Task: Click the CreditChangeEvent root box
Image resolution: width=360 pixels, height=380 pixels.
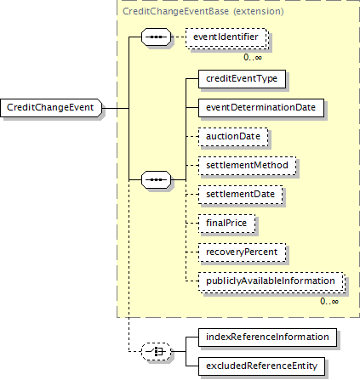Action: click(51, 108)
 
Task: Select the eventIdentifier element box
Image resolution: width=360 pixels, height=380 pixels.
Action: click(226, 37)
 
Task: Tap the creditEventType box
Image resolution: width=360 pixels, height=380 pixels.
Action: click(242, 79)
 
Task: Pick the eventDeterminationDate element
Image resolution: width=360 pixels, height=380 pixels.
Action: click(261, 108)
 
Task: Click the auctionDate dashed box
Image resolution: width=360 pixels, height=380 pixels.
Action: click(233, 137)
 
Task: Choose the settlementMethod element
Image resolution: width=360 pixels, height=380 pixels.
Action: click(247, 166)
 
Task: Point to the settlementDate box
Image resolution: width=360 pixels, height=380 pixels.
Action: click(240, 195)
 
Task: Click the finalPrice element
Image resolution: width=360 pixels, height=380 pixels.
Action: click(226, 224)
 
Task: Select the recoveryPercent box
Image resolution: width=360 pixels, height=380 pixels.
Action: click(242, 252)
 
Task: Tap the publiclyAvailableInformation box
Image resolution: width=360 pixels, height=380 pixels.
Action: click(271, 281)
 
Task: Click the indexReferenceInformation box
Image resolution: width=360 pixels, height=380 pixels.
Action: click(267, 337)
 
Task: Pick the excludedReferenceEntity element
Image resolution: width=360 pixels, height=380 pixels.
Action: click(261, 366)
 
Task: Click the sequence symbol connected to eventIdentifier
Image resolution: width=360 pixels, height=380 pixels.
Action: click(157, 37)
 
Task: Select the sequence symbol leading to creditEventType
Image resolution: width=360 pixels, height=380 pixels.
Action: click(157, 179)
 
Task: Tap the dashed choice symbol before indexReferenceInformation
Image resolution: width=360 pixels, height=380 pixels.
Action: click(157, 352)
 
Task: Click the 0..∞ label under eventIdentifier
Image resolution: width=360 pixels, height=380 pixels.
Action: click(253, 58)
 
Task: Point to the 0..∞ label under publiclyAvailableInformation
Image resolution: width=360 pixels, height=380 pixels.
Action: click(329, 302)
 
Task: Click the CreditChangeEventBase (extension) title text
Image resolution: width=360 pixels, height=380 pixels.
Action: click(203, 11)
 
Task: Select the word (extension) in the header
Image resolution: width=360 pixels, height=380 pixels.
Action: click(259, 11)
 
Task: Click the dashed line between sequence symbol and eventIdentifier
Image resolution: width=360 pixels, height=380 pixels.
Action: click(179, 37)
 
